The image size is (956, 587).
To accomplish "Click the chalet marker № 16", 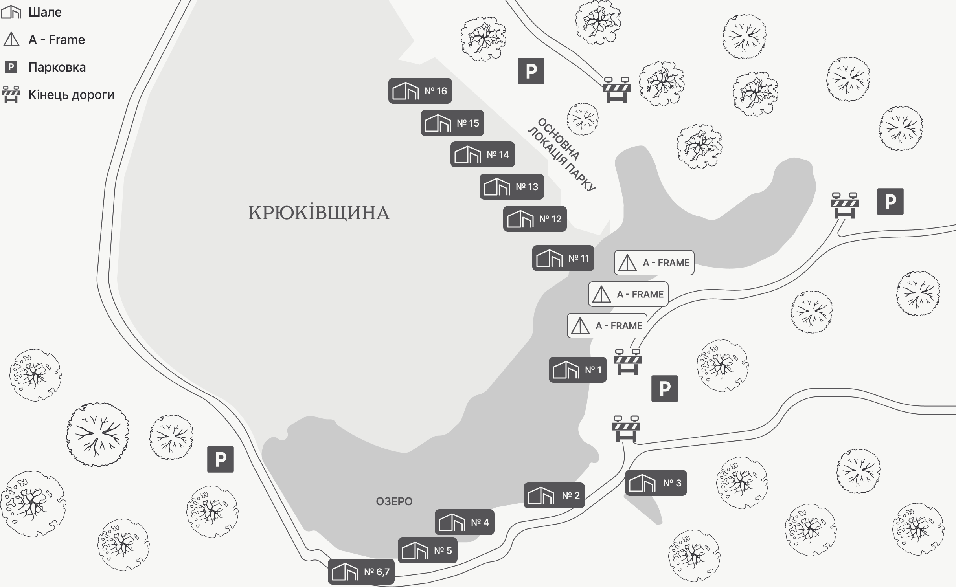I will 420,91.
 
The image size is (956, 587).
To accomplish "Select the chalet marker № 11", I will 563,258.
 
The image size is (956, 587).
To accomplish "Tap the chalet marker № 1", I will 577,370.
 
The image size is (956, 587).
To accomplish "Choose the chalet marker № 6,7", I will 361,572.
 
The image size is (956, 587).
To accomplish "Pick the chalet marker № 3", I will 656,483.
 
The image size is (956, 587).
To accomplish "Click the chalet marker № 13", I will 511,187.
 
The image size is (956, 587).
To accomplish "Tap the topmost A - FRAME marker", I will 654,263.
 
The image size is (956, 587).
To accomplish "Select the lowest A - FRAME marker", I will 607,326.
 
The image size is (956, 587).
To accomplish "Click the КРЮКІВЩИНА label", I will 319,213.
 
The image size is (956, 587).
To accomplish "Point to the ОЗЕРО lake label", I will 394,501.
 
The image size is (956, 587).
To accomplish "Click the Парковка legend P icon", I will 11,67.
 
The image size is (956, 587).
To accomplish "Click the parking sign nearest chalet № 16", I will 531,71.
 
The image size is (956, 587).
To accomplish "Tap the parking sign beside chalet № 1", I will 664,389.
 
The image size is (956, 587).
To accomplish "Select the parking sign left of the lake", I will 221,459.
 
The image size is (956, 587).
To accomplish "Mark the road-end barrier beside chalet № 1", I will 628,361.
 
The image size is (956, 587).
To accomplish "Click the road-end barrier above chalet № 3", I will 626,429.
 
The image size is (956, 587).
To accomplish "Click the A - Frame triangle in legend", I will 11,40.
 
